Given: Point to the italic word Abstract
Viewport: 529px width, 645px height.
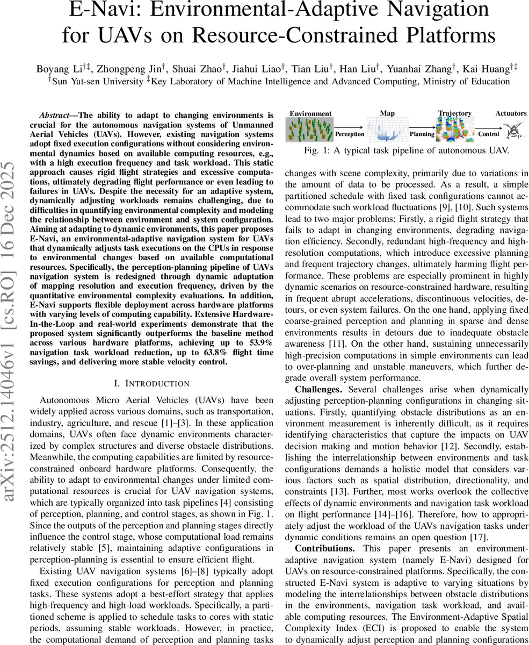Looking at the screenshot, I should click(56, 115).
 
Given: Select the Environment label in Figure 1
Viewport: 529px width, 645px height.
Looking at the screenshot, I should click(310, 113).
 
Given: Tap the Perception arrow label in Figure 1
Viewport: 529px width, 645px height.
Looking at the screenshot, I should click(350, 134).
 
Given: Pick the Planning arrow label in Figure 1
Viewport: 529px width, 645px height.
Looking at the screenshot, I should click(422, 134).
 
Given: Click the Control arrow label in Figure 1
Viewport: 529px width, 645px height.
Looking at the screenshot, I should click(489, 134).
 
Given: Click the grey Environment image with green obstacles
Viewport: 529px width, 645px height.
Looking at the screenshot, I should click(310, 131).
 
